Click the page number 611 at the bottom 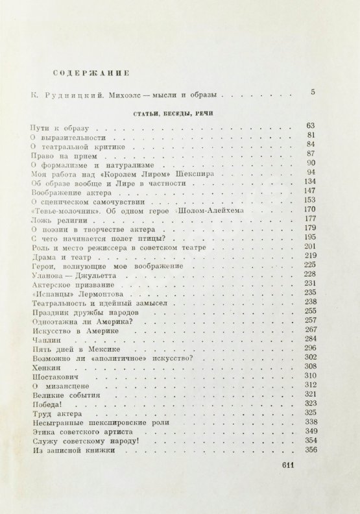tap(285, 464)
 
